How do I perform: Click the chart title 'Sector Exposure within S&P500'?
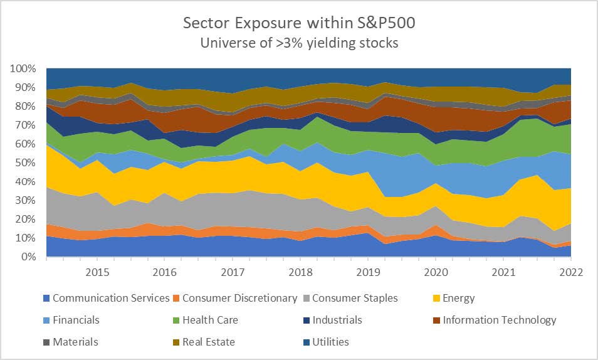(298, 24)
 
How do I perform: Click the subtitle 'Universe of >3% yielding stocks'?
(298, 44)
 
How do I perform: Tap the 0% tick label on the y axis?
(30, 257)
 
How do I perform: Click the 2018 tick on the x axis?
(301, 272)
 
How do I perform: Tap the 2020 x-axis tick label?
(436, 272)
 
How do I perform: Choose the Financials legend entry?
(76, 320)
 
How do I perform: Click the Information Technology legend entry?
(499, 320)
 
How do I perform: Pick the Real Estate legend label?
(209, 342)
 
